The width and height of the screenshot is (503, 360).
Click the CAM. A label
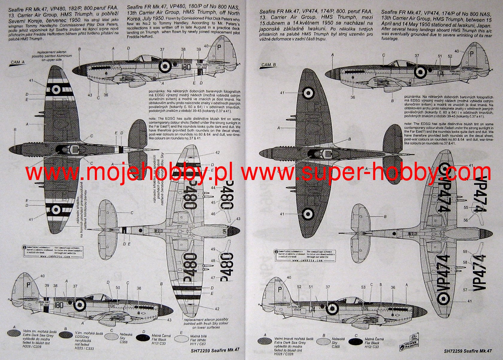pyautogui.click(x=18, y=62)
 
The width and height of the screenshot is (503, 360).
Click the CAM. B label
pyautogui.click(x=268, y=65)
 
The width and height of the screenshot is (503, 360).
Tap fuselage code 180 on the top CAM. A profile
pyautogui.click(x=186, y=67)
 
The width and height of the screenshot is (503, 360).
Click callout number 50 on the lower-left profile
pyautogui.click(x=118, y=288)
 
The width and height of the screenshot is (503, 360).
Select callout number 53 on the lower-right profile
pyautogui.click(x=363, y=287)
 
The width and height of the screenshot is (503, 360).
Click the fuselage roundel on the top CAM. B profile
pyautogui.click(x=421, y=71)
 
